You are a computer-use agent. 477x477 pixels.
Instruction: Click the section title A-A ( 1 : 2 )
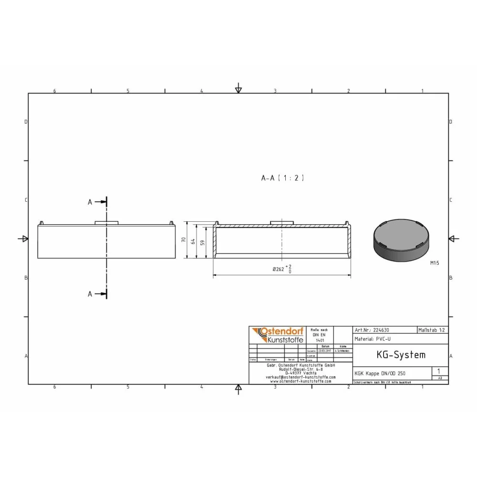pyautogui.click(x=282, y=178)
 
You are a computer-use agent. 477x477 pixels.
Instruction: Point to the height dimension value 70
pyautogui.click(x=184, y=240)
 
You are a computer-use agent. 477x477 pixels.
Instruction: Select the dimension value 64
pyautogui.click(x=193, y=241)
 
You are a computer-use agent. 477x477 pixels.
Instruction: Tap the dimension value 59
pyautogui.click(x=202, y=242)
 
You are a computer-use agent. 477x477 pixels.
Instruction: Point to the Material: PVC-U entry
pyautogui.click(x=373, y=339)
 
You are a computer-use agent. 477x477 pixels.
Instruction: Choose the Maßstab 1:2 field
pyautogui.click(x=432, y=330)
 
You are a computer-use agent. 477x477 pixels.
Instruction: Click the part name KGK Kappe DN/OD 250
pyautogui.click(x=380, y=373)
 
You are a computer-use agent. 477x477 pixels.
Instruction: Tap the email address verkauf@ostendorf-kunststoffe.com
pyautogui.click(x=301, y=377)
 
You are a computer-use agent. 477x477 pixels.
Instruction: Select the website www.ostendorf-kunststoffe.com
pyautogui.click(x=301, y=381)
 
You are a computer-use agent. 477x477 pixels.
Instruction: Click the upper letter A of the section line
pyautogui.click(x=90, y=202)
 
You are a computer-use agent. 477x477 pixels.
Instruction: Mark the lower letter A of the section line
pyautogui.click(x=90, y=294)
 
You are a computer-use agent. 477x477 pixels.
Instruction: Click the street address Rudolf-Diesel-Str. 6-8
pyautogui.click(x=301, y=369)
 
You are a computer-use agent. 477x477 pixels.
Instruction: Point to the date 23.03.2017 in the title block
pyautogui.click(x=325, y=351)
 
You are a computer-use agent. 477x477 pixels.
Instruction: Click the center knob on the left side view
pyautogui.click(x=106, y=223)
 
